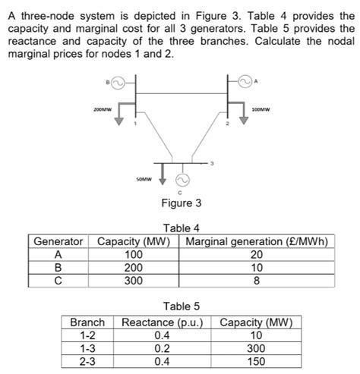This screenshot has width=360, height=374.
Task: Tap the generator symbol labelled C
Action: pos(182,181)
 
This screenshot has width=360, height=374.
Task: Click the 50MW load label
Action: pos(144,180)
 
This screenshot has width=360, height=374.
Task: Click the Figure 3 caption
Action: pos(182,203)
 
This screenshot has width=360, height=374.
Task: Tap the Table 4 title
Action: pos(181,229)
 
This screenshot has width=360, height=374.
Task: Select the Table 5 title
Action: pos(181,306)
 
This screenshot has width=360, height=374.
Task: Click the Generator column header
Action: pos(58,243)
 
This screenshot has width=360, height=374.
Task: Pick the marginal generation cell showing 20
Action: pos(257,255)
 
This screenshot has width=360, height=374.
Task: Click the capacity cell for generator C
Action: pos(133,280)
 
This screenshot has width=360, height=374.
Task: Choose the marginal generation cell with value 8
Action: pos(257,280)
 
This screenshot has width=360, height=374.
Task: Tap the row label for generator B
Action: pos(58,268)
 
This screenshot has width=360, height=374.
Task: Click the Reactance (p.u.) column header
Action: pos(162,322)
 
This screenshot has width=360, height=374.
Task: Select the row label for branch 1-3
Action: pos(87,347)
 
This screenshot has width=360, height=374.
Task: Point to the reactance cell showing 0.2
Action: pos(162,347)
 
